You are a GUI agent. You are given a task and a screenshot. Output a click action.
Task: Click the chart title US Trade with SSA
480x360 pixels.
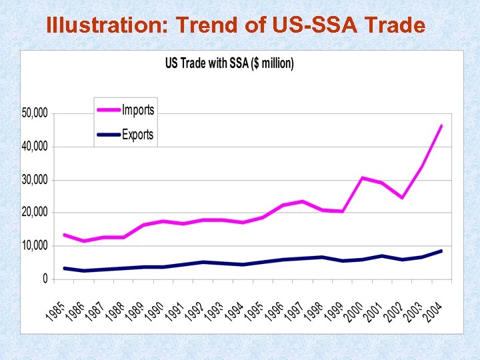229,63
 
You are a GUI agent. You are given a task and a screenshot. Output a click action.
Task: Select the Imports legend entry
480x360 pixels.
137,110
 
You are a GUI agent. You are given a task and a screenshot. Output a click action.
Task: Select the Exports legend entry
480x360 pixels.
137,134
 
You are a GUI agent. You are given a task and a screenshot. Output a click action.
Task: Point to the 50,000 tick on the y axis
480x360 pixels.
35,113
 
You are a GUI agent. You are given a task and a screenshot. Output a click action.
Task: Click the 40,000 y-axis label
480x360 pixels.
35,147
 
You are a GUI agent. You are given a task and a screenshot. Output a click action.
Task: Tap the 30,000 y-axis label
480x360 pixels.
35,180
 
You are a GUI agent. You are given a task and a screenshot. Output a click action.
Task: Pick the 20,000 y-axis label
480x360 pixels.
35,213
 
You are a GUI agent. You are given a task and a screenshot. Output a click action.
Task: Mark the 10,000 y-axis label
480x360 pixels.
35,246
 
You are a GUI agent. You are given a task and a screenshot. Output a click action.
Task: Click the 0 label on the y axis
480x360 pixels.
45,279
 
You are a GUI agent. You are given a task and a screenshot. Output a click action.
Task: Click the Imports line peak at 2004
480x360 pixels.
441,125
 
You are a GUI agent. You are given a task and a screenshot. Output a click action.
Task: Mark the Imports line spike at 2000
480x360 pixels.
362,178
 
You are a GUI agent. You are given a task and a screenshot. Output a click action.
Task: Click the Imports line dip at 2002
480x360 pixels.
402,197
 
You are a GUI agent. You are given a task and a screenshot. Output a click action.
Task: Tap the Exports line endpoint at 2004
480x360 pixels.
441,251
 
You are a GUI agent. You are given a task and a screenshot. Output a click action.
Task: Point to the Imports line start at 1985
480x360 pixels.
64,235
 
